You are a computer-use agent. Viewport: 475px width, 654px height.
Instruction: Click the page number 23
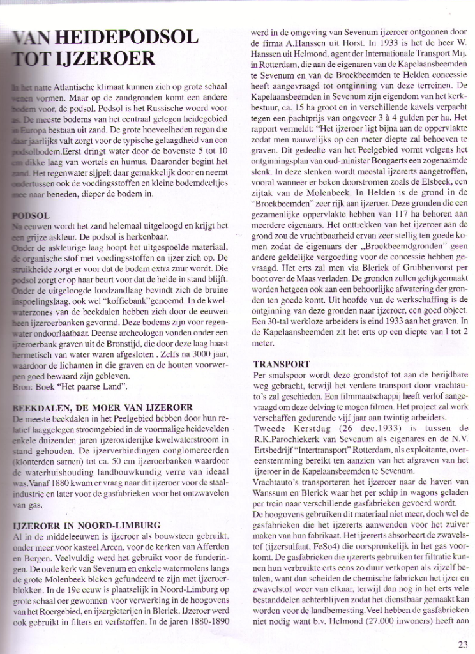click(463, 643)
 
